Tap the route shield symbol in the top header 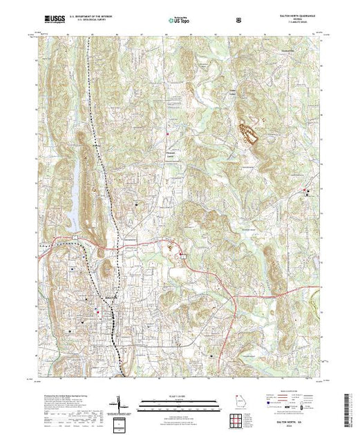click(238, 21)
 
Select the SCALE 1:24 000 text click(174, 398)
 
